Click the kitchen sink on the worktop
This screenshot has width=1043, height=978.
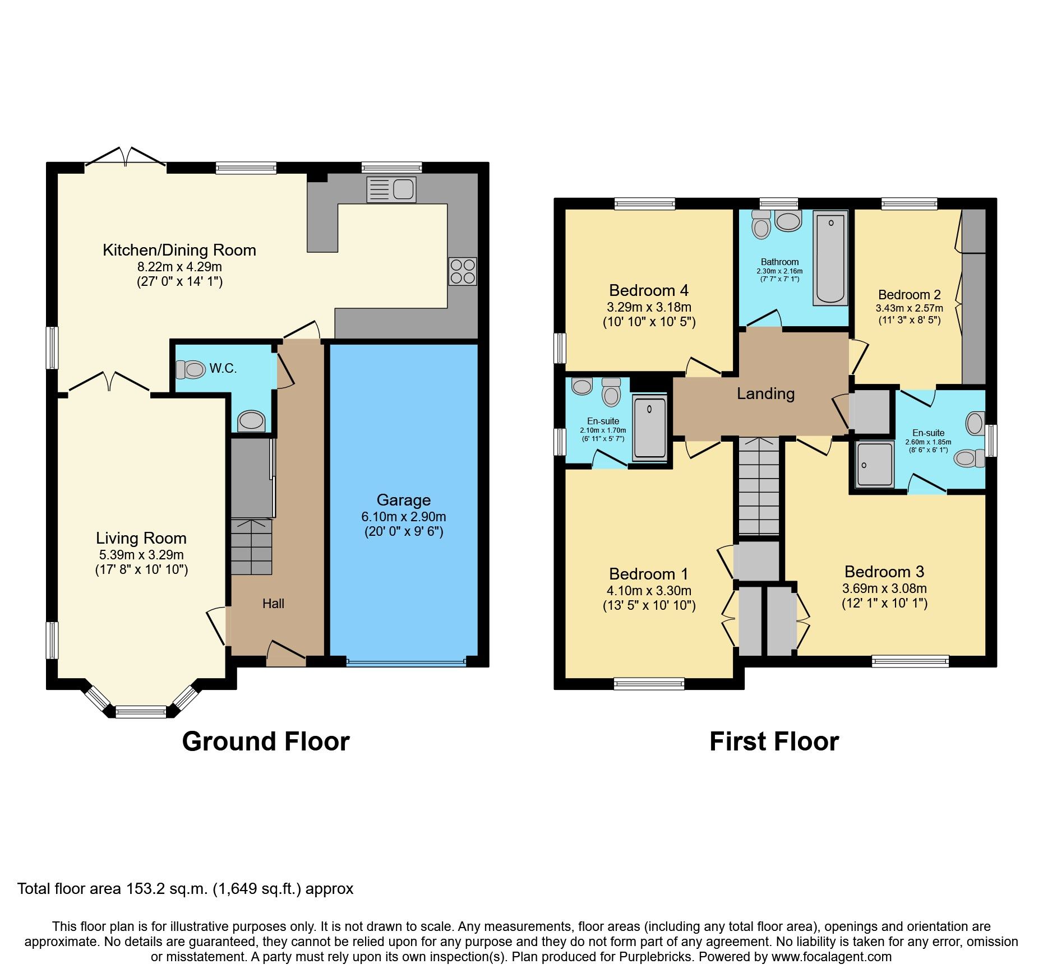pyautogui.click(x=391, y=189)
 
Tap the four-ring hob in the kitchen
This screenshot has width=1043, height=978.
pyautogui.click(x=463, y=271)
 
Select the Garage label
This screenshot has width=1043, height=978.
pyautogui.click(x=403, y=500)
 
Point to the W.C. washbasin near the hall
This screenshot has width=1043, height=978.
pyautogui.click(x=251, y=421)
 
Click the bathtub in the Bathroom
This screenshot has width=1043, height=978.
pyautogui.click(x=830, y=258)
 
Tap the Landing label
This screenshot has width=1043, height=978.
pyautogui.click(x=765, y=393)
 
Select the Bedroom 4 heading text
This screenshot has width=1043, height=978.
pyautogui.click(x=648, y=290)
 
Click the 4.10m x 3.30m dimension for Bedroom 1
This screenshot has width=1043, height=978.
pyautogui.click(x=648, y=591)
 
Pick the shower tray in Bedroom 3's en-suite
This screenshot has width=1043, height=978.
pyautogui.click(x=875, y=464)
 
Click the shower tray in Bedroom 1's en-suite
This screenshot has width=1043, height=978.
pyautogui.click(x=650, y=428)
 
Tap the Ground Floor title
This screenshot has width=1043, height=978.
pyautogui.click(x=266, y=741)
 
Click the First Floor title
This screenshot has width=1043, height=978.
pyautogui.click(x=774, y=741)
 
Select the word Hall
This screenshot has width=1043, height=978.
pyautogui.click(x=273, y=604)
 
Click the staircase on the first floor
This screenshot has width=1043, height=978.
pyautogui.click(x=759, y=486)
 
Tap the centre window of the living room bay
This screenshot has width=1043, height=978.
pyautogui.click(x=141, y=712)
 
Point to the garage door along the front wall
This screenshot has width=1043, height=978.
pyautogui.click(x=405, y=662)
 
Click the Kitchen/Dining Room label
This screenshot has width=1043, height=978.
pyautogui.click(x=179, y=250)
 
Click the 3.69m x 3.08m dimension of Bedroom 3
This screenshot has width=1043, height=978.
pyautogui.click(x=884, y=588)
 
